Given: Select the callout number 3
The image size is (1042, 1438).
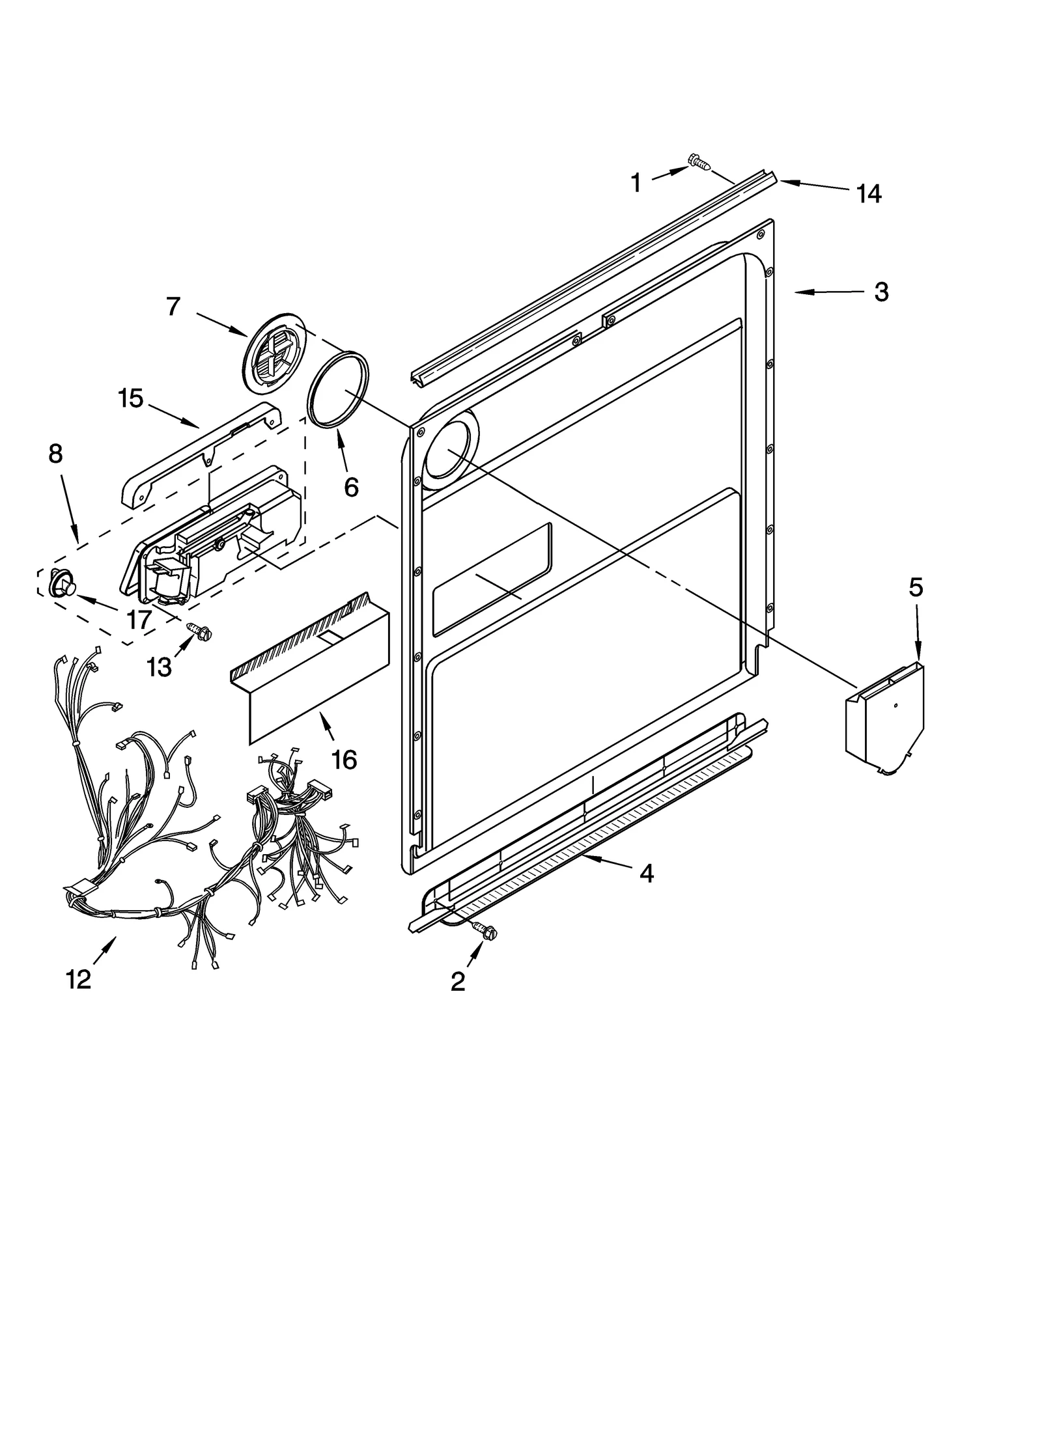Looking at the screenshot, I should coord(880,292).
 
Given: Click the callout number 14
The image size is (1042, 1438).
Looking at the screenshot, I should coord(869,193).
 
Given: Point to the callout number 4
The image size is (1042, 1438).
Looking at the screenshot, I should coord(645,873).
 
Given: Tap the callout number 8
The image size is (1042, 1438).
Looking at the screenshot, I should coord(55,454).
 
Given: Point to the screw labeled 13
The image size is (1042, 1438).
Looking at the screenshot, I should coord(197,629).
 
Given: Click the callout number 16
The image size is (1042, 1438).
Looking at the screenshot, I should coord(344,759).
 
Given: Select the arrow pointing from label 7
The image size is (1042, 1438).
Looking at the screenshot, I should coord(221,324).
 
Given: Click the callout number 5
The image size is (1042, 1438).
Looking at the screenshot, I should coord(916,588).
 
